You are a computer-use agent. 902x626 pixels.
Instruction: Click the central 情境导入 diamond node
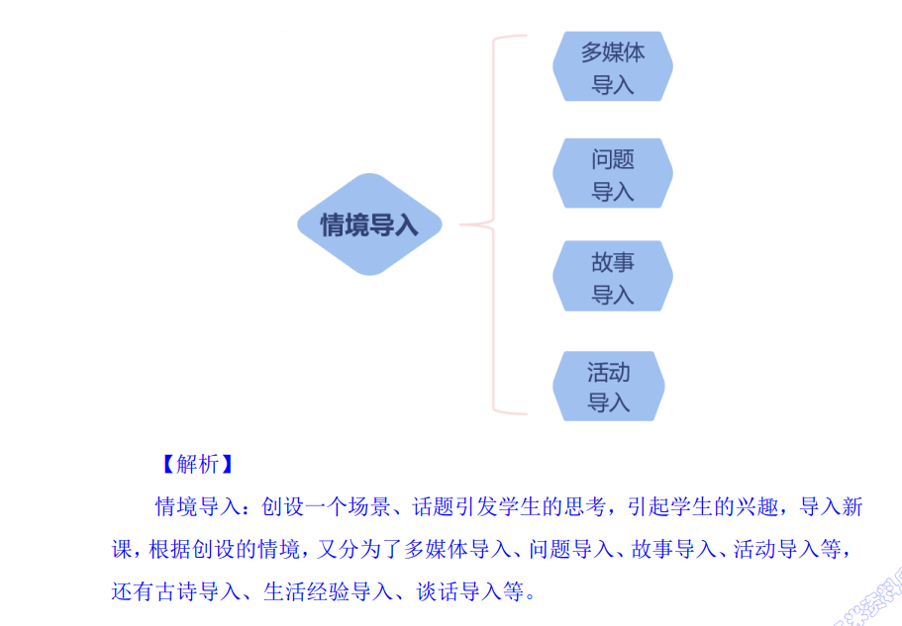(368, 224)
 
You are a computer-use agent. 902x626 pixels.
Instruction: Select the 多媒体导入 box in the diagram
(612, 67)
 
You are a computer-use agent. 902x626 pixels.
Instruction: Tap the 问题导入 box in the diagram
(612, 174)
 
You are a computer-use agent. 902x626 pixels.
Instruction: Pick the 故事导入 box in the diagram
(612, 277)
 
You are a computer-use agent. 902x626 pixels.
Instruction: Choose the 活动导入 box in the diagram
(608, 387)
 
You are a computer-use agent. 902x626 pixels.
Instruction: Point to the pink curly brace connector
(493, 224)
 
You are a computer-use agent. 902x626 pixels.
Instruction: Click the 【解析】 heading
(197, 465)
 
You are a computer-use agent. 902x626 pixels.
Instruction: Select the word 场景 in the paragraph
(369, 508)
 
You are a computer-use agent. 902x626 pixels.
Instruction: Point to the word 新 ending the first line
(853, 508)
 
